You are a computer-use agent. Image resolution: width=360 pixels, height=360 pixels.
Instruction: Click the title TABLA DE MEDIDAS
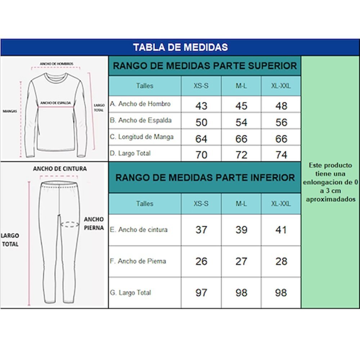click(x=180, y=47)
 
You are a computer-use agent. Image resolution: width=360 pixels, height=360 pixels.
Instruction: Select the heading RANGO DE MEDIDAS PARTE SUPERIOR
click(x=205, y=66)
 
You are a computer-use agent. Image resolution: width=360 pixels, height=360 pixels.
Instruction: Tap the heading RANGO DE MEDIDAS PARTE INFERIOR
click(x=205, y=177)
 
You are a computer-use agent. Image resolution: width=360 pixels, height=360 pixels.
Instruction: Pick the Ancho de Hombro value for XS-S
click(x=201, y=106)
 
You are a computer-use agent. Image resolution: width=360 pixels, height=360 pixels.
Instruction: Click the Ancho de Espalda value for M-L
click(x=241, y=122)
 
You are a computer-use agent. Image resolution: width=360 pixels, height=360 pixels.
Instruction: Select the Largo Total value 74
click(x=281, y=155)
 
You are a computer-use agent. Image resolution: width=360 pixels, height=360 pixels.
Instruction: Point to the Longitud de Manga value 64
click(x=201, y=139)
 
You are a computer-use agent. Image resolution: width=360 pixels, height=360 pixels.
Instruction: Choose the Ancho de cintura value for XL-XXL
click(x=281, y=230)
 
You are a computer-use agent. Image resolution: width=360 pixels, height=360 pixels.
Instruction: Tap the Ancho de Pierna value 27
click(x=241, y=261)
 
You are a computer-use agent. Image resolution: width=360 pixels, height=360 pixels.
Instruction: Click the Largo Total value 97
click(x=201, y=293)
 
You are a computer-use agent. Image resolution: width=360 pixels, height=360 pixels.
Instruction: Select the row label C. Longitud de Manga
click(x=141, y=137)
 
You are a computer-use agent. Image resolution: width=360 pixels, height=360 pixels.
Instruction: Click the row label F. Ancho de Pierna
click(x=138, y=261)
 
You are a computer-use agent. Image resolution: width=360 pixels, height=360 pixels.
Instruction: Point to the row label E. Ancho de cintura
click(x=139, y=229)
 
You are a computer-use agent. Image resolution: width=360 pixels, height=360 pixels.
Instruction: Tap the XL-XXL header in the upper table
click(x=281, y=86)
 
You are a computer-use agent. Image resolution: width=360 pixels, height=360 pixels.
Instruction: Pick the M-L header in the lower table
click(x=241, y=203)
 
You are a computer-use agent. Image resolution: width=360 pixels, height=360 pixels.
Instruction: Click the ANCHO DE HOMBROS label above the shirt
click(x=57, y=64)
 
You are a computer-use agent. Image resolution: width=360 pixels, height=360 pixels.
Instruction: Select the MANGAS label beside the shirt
click(x=10, y=111)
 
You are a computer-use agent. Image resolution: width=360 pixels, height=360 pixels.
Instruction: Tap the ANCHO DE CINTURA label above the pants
click(x=60, y=168)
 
